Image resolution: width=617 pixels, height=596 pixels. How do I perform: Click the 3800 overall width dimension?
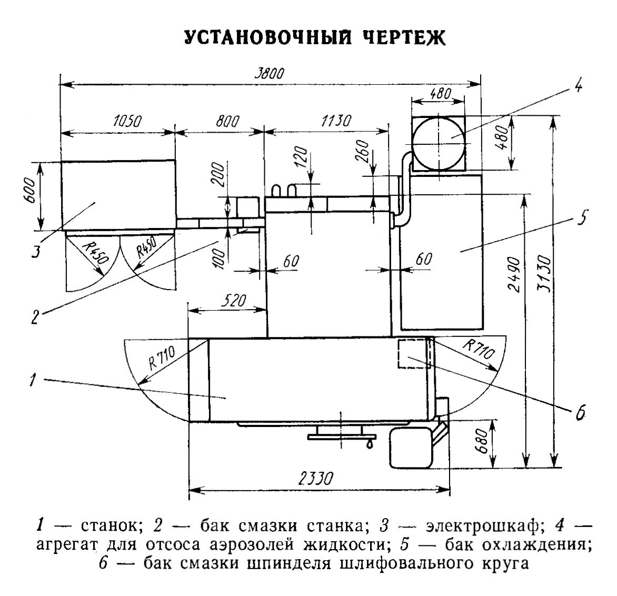point(270,74)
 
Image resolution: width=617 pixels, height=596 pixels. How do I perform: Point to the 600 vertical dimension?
point(31,195)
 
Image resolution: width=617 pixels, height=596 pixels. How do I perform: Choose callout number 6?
point(580,413)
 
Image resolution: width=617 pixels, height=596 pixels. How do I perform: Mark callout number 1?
point(33,380)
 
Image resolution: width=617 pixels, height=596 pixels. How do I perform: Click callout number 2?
point(34,317)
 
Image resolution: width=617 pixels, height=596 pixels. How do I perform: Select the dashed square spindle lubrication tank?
point(413,354)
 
